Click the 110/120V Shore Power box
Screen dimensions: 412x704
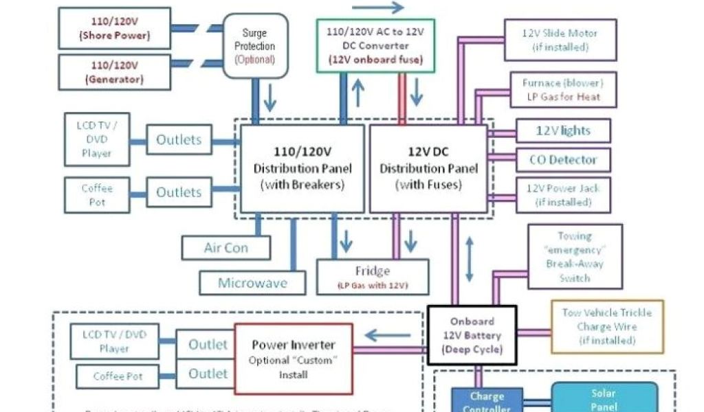(114, 28)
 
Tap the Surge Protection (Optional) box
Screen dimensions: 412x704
(254, 46)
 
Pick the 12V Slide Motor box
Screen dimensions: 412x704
(560, 40)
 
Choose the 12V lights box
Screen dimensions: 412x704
(562, 130)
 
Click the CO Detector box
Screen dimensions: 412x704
(562, 160)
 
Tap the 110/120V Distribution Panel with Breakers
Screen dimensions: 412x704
(302, 168)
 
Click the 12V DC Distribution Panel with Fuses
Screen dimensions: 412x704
(429, 168)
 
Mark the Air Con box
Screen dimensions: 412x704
(225, 248)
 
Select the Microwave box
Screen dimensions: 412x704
(252, 282)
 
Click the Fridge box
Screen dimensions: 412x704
(373, 276)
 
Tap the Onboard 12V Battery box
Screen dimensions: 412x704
(472, 335)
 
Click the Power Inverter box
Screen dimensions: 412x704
(294, 359)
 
